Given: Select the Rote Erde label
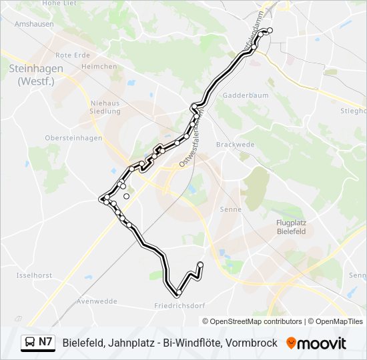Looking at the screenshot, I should pos(72,55).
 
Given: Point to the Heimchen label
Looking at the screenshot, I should pos(94,67).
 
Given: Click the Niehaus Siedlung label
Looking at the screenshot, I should pos(105,107).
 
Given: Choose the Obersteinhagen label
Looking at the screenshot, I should pos(64,138).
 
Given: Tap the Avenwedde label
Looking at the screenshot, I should pos(92,301).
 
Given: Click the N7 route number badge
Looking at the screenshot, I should pos(45,343).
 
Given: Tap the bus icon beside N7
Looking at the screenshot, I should pos(31,343).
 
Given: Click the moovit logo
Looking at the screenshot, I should pos(316,343).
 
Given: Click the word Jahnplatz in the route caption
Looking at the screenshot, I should pos(133,343).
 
